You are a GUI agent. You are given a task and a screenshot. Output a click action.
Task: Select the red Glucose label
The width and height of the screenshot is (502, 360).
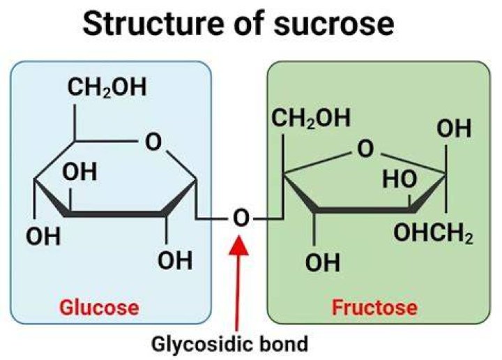tap(99, 308)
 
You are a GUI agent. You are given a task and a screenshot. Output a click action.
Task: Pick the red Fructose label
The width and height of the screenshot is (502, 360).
tap(374, 308)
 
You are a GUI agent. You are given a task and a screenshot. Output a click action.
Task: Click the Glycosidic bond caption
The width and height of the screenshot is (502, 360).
tap(229, 345)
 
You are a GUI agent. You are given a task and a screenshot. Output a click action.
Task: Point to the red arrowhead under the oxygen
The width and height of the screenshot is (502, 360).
tap(238, 246)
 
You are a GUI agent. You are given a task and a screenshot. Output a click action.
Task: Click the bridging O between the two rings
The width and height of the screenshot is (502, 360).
tap(241, 218)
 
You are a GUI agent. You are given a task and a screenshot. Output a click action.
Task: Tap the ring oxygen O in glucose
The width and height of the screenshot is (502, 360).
tap(153, 142)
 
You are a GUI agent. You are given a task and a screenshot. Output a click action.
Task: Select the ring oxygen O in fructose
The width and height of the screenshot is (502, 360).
tap(365, 149)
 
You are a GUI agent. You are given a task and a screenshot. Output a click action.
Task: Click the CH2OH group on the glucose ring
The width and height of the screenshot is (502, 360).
tap(107, 87)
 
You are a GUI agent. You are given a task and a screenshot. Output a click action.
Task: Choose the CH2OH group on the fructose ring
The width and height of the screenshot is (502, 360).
tap(311, 118)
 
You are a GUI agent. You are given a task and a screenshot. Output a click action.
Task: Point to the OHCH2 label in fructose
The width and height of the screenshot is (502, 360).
tap(433, 233)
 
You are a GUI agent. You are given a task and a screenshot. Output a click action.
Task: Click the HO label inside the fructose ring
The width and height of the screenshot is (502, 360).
tap(400, 179)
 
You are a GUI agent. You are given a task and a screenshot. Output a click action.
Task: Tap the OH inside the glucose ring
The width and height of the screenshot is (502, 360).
tap(79, 172)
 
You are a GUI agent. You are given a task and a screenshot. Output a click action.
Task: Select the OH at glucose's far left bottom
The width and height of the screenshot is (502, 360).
tap(43, 237)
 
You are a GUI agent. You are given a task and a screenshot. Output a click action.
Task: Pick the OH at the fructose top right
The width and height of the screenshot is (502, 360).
tap(454, 128)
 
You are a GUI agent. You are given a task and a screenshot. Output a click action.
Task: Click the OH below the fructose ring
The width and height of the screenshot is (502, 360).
tap(322, 262)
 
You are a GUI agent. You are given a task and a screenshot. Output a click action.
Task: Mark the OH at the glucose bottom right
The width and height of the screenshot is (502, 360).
tap(175, 260)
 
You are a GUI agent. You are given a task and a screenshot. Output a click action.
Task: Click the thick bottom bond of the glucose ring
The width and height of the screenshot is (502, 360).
tap(116, 213)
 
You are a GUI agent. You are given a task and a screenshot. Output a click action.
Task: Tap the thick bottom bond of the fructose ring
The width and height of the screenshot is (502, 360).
tap(365, 210)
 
